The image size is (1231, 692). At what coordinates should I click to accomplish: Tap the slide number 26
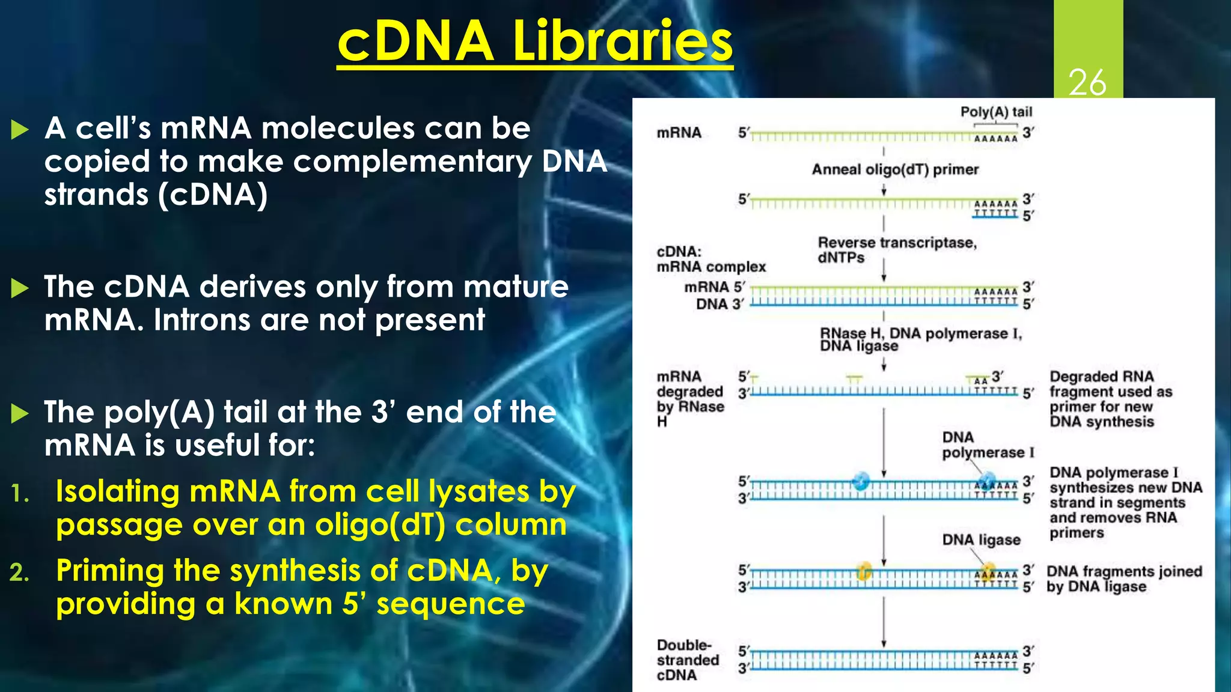(x=1087, y=82)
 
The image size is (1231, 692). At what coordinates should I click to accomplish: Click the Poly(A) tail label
(x=995, y=112)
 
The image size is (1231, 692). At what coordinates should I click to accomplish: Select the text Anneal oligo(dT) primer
(x=894, y=169)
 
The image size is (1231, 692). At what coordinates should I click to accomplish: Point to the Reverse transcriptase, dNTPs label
(x=896, y=250)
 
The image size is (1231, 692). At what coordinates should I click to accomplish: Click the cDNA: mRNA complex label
(x=710, y=259)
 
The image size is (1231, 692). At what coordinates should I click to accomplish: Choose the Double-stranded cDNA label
(x=688, y=660)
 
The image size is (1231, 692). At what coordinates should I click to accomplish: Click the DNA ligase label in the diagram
(x=981, y=539)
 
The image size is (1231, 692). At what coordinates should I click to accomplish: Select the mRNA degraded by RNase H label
(x=689, y=398)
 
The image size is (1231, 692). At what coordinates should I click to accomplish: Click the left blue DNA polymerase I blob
(x=861, y=481)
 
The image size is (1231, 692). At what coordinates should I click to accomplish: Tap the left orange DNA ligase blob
(x=864, y=570)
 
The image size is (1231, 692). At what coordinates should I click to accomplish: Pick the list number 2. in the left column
(x=20, y=572)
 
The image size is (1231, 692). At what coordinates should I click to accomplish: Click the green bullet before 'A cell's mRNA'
(x=20, y=129)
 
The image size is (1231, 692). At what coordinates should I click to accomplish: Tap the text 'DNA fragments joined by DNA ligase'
(x=1123, y=578)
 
